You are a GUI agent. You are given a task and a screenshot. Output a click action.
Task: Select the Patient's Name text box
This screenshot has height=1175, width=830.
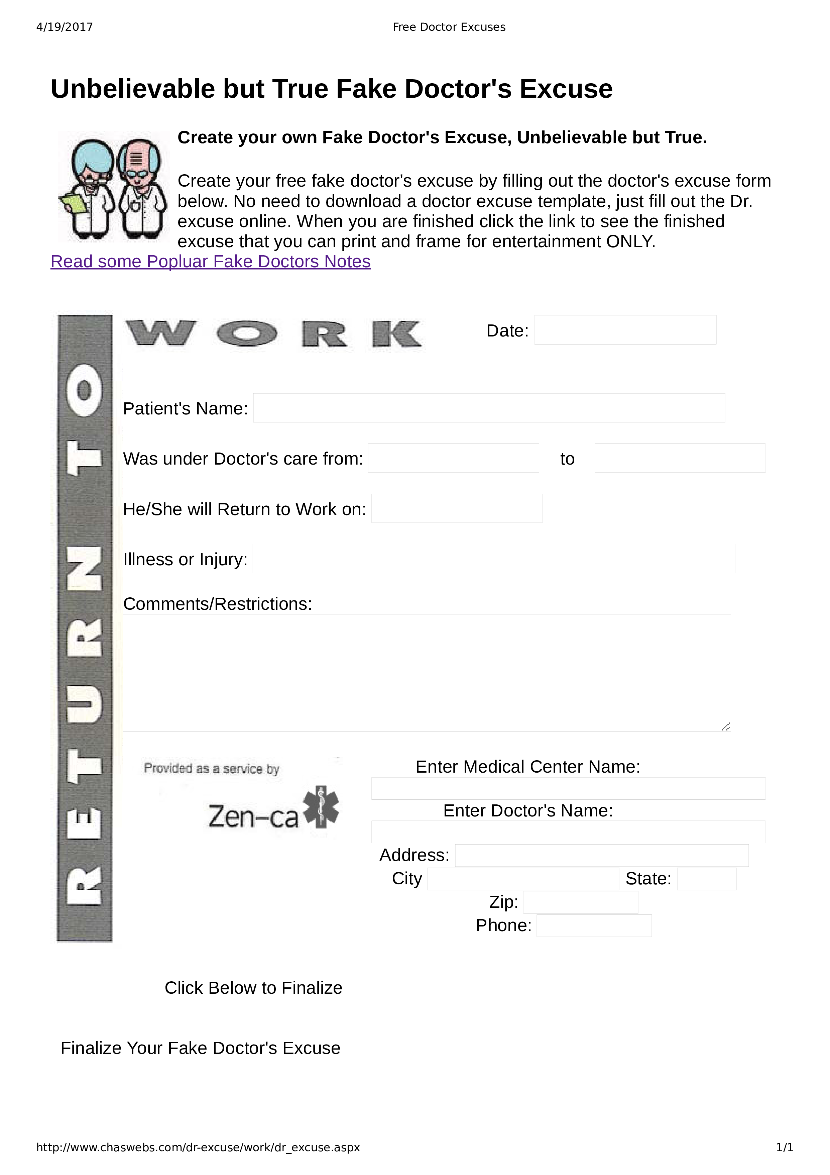click(489, 408)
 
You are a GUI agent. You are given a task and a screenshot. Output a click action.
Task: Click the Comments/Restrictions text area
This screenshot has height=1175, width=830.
click(427, 672)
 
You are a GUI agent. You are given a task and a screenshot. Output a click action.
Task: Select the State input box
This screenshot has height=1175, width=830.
click(706, 879)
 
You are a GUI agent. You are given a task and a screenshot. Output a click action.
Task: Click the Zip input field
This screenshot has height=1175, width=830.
click(580, 902)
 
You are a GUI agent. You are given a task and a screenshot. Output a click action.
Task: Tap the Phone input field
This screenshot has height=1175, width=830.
click(594, 926)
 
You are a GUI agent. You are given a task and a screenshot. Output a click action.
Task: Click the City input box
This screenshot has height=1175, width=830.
click(523, 879)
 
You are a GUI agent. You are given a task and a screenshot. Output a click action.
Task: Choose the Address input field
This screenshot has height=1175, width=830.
click(601, 856)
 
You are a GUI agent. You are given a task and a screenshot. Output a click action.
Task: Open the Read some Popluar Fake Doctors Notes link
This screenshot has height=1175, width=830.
click(210, 262)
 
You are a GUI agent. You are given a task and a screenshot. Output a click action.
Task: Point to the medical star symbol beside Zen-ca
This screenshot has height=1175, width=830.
click(321, 807)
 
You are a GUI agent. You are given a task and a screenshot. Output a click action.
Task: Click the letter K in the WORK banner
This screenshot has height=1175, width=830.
click(396, 334)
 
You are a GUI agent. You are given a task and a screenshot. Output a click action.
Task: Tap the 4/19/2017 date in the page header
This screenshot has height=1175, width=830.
click(65, 27)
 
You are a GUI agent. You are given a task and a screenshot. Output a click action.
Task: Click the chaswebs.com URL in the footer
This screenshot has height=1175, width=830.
click(198, 1147)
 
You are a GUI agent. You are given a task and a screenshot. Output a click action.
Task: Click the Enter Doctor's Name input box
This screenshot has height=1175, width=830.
click(568, 832)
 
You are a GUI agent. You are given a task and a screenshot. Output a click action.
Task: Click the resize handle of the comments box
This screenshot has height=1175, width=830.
click(726, 727)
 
